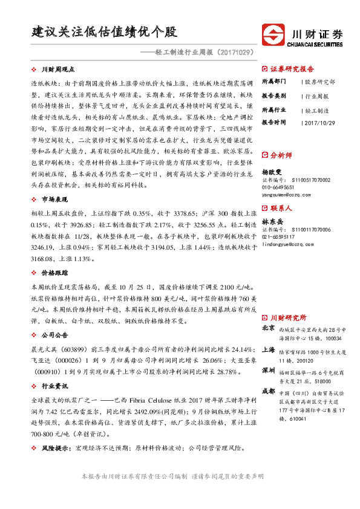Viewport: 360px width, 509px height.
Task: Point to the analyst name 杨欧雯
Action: click(272, 172)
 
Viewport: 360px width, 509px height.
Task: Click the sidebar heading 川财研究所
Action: click(289, 317)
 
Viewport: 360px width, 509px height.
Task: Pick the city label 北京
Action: click(268, 328)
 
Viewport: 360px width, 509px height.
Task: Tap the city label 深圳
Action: click(268, 369)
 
